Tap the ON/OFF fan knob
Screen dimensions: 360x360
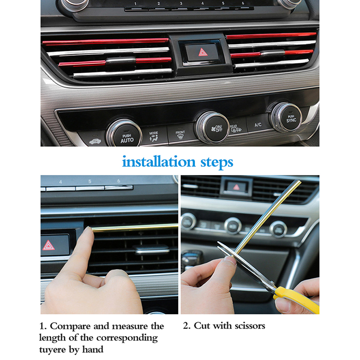(x=213, y=127)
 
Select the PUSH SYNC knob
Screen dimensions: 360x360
(x=287, y=117)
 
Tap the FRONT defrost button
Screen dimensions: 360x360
(x=180, y=134)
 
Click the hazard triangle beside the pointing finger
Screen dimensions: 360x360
(x=49, y=245)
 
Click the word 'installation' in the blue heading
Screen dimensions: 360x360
(x=159, y=162)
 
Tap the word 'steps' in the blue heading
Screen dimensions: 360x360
(x=217, y=162)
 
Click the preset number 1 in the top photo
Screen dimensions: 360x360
(x=135, y=4)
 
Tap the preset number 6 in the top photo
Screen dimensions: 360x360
(x=243, y=3)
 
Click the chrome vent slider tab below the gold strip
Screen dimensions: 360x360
(x=152, y=249)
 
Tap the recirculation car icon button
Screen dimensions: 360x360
(x=95, y=141)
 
